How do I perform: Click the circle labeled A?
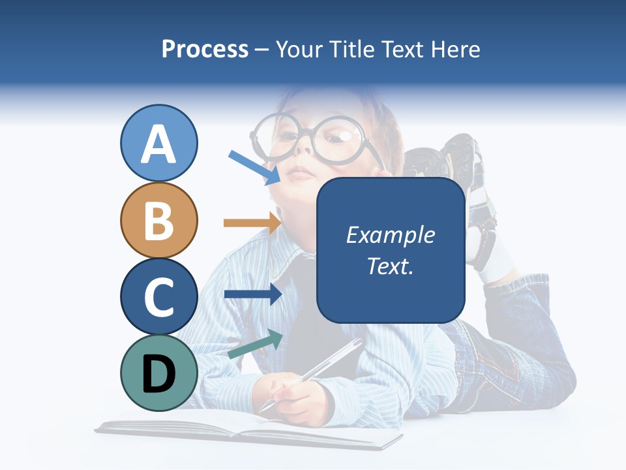tap(158, 144)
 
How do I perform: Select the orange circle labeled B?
tap(158, 220)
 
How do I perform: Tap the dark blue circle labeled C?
tap(158, 296)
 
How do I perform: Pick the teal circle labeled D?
tap(158, 373)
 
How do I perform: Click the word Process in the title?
tap(205, 49)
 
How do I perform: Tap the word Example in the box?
tap(390, 235)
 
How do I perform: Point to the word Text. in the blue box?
tap(390, 266)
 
